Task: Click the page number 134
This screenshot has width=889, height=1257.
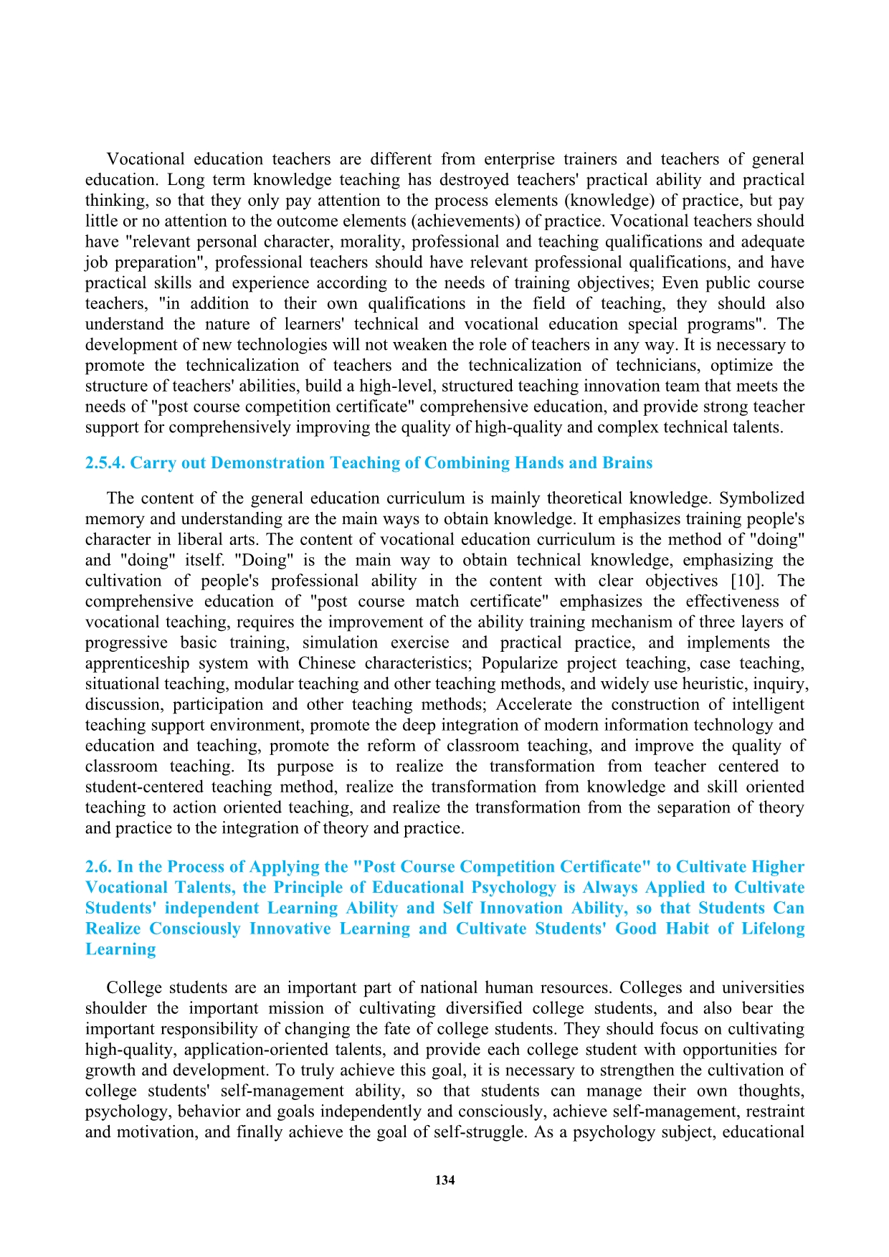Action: (444, 1180)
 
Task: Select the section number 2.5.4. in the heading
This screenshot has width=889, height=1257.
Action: (105, 463)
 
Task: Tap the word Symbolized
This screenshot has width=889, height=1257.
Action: (761, 498)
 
